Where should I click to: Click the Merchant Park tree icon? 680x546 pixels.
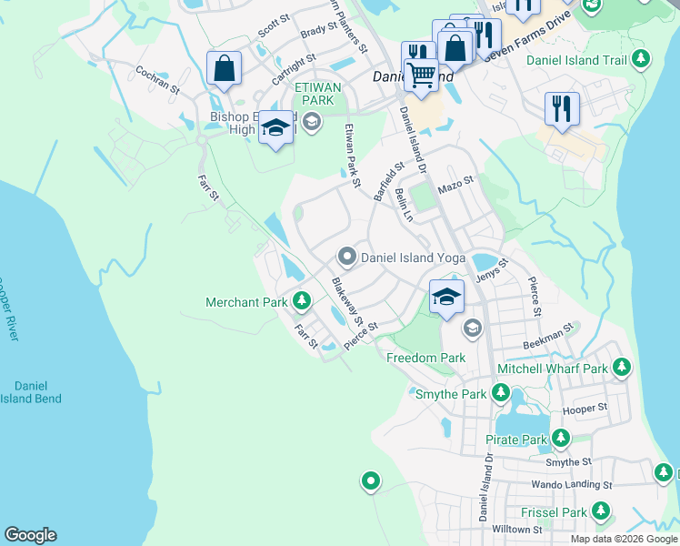(302, 301)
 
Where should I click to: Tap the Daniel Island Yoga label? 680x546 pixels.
(413, 258)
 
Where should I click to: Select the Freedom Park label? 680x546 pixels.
(425, 358)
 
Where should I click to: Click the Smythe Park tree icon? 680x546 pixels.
(500, 393)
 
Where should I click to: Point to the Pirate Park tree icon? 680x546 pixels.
(561, 439)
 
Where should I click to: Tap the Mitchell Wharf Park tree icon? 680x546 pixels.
(621, 368)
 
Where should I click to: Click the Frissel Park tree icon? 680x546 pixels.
(600, 511)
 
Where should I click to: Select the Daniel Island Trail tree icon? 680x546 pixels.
(641, 60)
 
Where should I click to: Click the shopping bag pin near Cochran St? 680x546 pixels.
(224, 69)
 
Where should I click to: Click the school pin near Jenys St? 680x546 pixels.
(446, 297)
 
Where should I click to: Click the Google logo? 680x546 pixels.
(30, 535)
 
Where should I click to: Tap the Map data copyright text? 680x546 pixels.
(624, 539)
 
